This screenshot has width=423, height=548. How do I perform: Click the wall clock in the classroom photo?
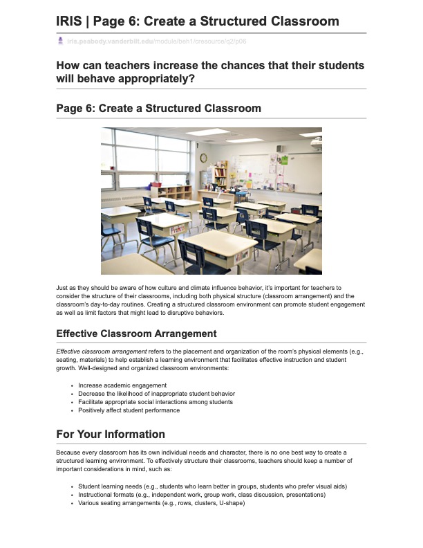(x=204, y=158)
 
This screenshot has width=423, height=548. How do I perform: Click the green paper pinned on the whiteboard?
(x=283, y=160)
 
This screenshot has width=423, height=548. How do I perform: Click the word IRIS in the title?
(x=70, y=21)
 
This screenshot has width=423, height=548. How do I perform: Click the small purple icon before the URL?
(x=61, y=42)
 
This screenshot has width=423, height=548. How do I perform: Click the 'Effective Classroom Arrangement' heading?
(x=136, y=334)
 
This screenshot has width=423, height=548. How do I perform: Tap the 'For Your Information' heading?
(x=111, y=435)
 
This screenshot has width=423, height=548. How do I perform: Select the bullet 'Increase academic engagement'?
(x=122, y=385)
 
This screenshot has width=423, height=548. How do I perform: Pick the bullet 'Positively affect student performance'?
(x=129, y=410)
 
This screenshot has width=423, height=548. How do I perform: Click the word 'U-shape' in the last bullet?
(x=232, y=503)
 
